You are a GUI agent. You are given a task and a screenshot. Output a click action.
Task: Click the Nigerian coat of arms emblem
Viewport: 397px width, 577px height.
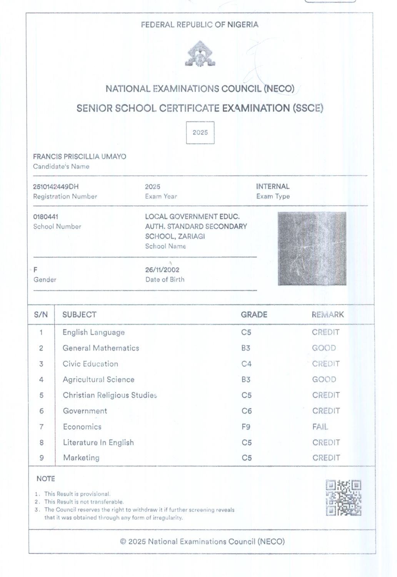click(x=200, y=55)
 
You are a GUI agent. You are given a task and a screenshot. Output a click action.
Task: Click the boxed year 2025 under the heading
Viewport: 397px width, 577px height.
click(x=200, y=133)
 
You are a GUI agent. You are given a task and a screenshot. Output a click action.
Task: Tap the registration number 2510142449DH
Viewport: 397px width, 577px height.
click(x=56, y=187)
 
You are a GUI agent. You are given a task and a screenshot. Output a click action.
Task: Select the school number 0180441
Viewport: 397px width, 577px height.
click(x=46, y=217)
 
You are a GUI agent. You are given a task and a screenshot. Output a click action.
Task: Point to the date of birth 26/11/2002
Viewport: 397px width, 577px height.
click(x=162, y=270)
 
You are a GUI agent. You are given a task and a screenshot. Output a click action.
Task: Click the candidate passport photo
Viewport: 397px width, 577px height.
click(x=312, y=248)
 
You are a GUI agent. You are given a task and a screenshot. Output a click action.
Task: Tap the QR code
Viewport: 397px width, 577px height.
click(x=343, y=498)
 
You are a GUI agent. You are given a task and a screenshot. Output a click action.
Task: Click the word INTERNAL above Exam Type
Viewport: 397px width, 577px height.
click(x=273, y=187)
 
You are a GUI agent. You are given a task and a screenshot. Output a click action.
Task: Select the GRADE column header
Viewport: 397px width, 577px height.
click(x=254, y=315)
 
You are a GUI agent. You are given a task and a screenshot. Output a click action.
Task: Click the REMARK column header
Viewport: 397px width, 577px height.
click(x=328, y=315)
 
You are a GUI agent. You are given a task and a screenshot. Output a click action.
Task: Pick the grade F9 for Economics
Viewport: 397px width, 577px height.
click(x=246, y=427)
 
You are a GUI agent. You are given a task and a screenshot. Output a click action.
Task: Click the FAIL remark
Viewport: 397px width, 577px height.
click(x=320, y=427)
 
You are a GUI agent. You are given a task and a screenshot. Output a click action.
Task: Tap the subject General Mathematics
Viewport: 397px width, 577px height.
click(x=101, y=348)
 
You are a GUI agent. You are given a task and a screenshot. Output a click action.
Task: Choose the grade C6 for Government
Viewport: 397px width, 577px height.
click(x=247, y=411)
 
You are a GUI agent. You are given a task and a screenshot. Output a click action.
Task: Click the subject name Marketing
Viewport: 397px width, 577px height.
click(x=81, y=458)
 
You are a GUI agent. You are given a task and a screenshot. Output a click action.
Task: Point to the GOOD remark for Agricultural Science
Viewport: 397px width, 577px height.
click(x=324, y=380)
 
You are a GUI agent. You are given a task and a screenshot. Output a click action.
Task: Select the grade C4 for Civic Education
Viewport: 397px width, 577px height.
click(x=246, y=364)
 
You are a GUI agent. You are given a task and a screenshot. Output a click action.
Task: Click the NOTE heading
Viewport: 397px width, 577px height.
click(x=46, y=479)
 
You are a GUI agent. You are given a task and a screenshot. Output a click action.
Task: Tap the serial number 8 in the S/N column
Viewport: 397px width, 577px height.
click(x=42, y=442)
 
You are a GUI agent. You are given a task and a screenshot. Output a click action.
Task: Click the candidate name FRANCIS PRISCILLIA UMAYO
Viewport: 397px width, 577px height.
click(x=80, y=157)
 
